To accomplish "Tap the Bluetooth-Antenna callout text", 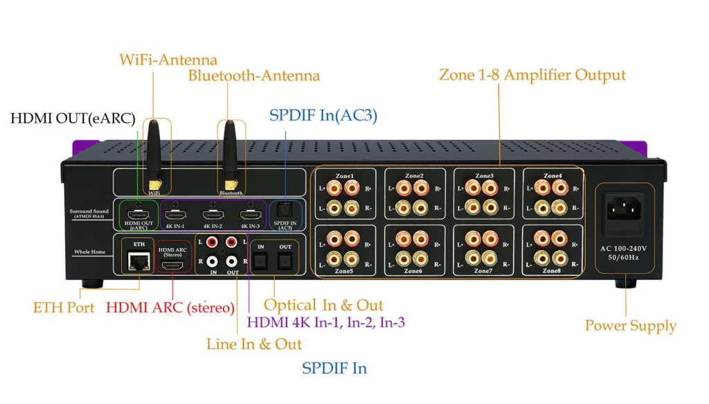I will pos(254,76).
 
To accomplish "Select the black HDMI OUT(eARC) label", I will pos(73,118).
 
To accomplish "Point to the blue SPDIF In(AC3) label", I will pos(323,116).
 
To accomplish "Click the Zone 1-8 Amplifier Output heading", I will pos(532,75).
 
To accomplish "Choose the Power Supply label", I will pos(630,325).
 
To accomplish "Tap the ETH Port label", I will pos(64,307).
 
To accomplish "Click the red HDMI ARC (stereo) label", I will pos(170,307).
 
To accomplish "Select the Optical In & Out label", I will pos(323,306).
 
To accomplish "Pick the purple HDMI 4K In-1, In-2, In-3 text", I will pos(326,322).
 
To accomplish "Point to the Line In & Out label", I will pos(254,344).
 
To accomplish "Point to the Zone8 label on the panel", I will pos(553,271).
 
